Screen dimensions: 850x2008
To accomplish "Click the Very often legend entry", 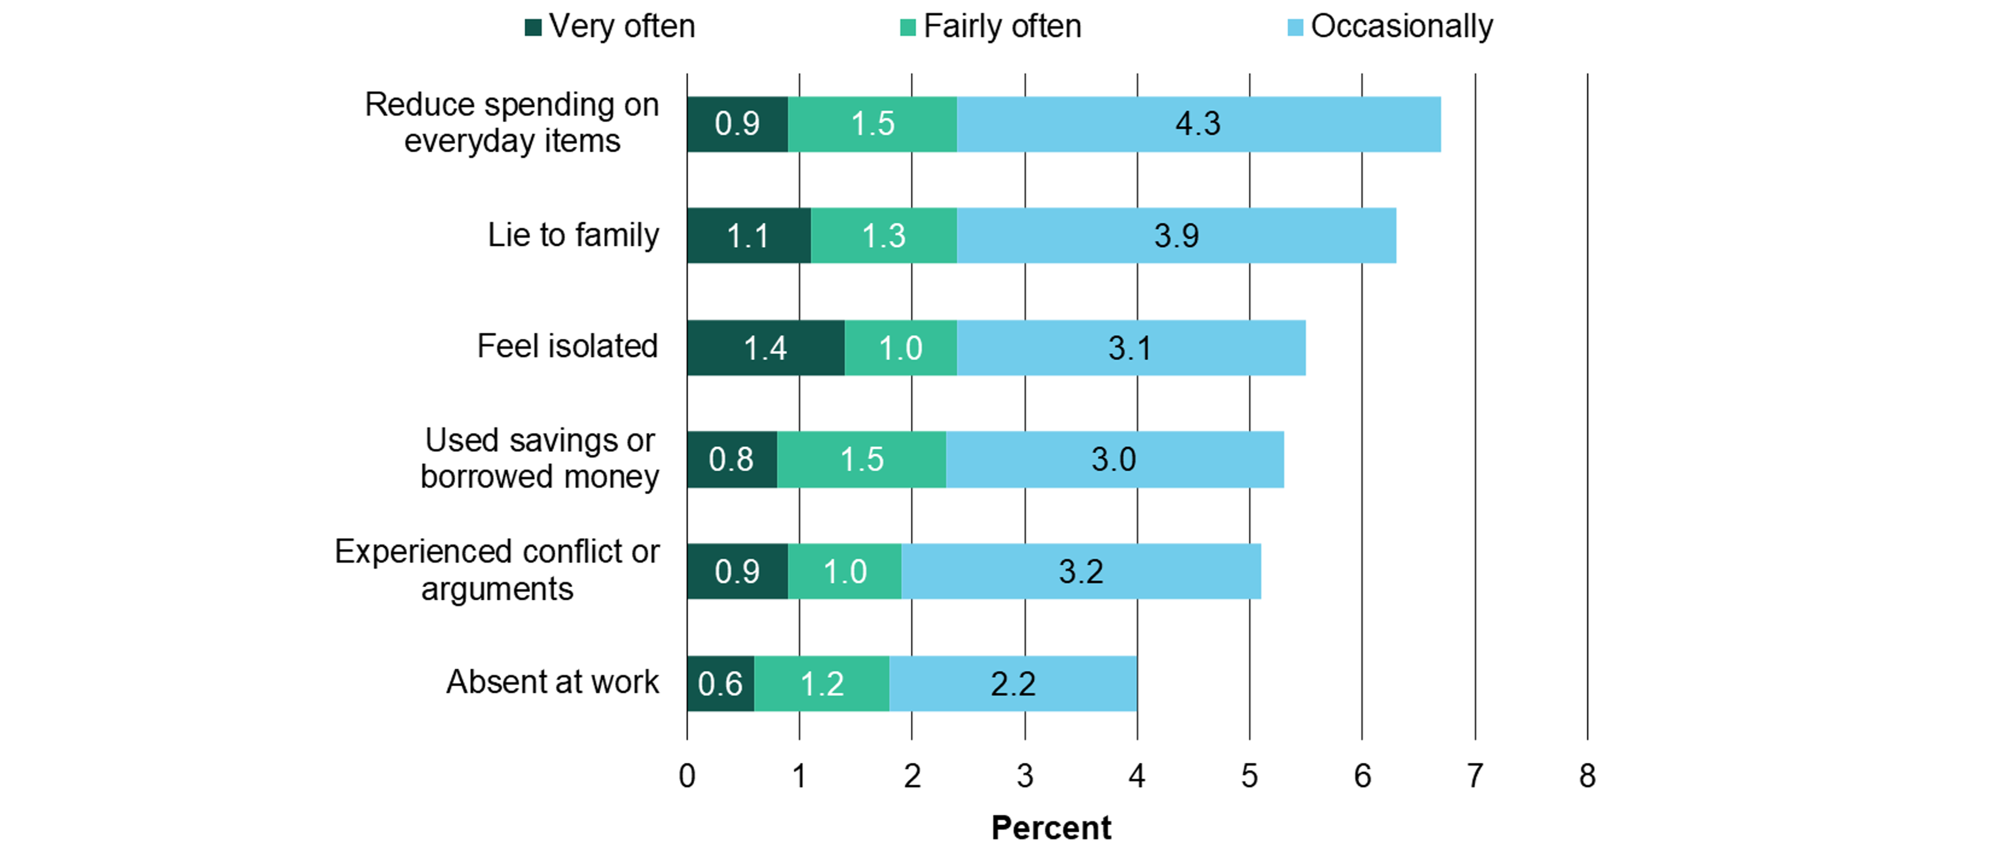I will tap(610, 27).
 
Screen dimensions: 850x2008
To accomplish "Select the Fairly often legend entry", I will tap(991, 27).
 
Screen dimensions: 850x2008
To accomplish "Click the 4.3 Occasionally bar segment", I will tap(1198, 124).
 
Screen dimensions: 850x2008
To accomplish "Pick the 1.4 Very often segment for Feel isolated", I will tap(765, 348).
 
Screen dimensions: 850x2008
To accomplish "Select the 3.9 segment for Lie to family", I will tap(1176, 236).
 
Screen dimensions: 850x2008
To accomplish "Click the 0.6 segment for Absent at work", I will tap(720, 684).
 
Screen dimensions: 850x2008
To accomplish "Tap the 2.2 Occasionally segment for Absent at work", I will tap(1013, 684).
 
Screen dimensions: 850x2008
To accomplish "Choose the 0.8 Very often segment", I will tap(731, 459).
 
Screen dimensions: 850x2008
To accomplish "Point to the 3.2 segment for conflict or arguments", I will tap(1081, 572).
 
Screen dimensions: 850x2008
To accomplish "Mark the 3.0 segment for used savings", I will tap(1114, 459).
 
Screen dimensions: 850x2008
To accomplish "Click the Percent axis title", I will tap(1050, 827).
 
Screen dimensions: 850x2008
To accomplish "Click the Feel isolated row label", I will tap(568, 346).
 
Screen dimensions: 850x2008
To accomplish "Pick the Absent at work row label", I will tap(552, 683).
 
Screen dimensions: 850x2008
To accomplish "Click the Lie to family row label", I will tap(573, 236).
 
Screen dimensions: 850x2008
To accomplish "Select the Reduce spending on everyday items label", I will tap(512, 123).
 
